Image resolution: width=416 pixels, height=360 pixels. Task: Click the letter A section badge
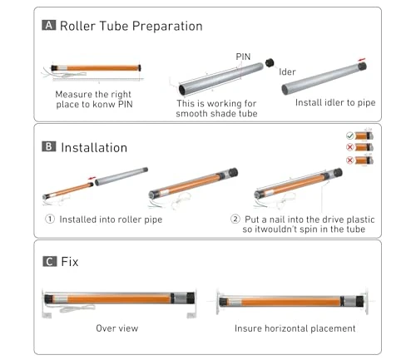pyautogui.click(x=49, y=26)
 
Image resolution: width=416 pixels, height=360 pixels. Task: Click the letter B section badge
pyautogui.click(x=49, y=147)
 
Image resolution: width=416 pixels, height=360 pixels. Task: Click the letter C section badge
pyautogui.click(x=49, y=262)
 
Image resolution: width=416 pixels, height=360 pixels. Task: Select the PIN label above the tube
pyautogui.click(x=244, y=57)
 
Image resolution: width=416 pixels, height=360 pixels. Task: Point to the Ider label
pyautogui.click(x=288, y=72)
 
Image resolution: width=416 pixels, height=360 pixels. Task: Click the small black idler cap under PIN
pyautogui.click(x=270, y=62)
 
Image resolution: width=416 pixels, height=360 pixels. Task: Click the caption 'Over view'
pyautogui.click(x=116, y=328)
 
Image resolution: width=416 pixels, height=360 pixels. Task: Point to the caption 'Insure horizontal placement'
pyautogui.click(x=295, y=328)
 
